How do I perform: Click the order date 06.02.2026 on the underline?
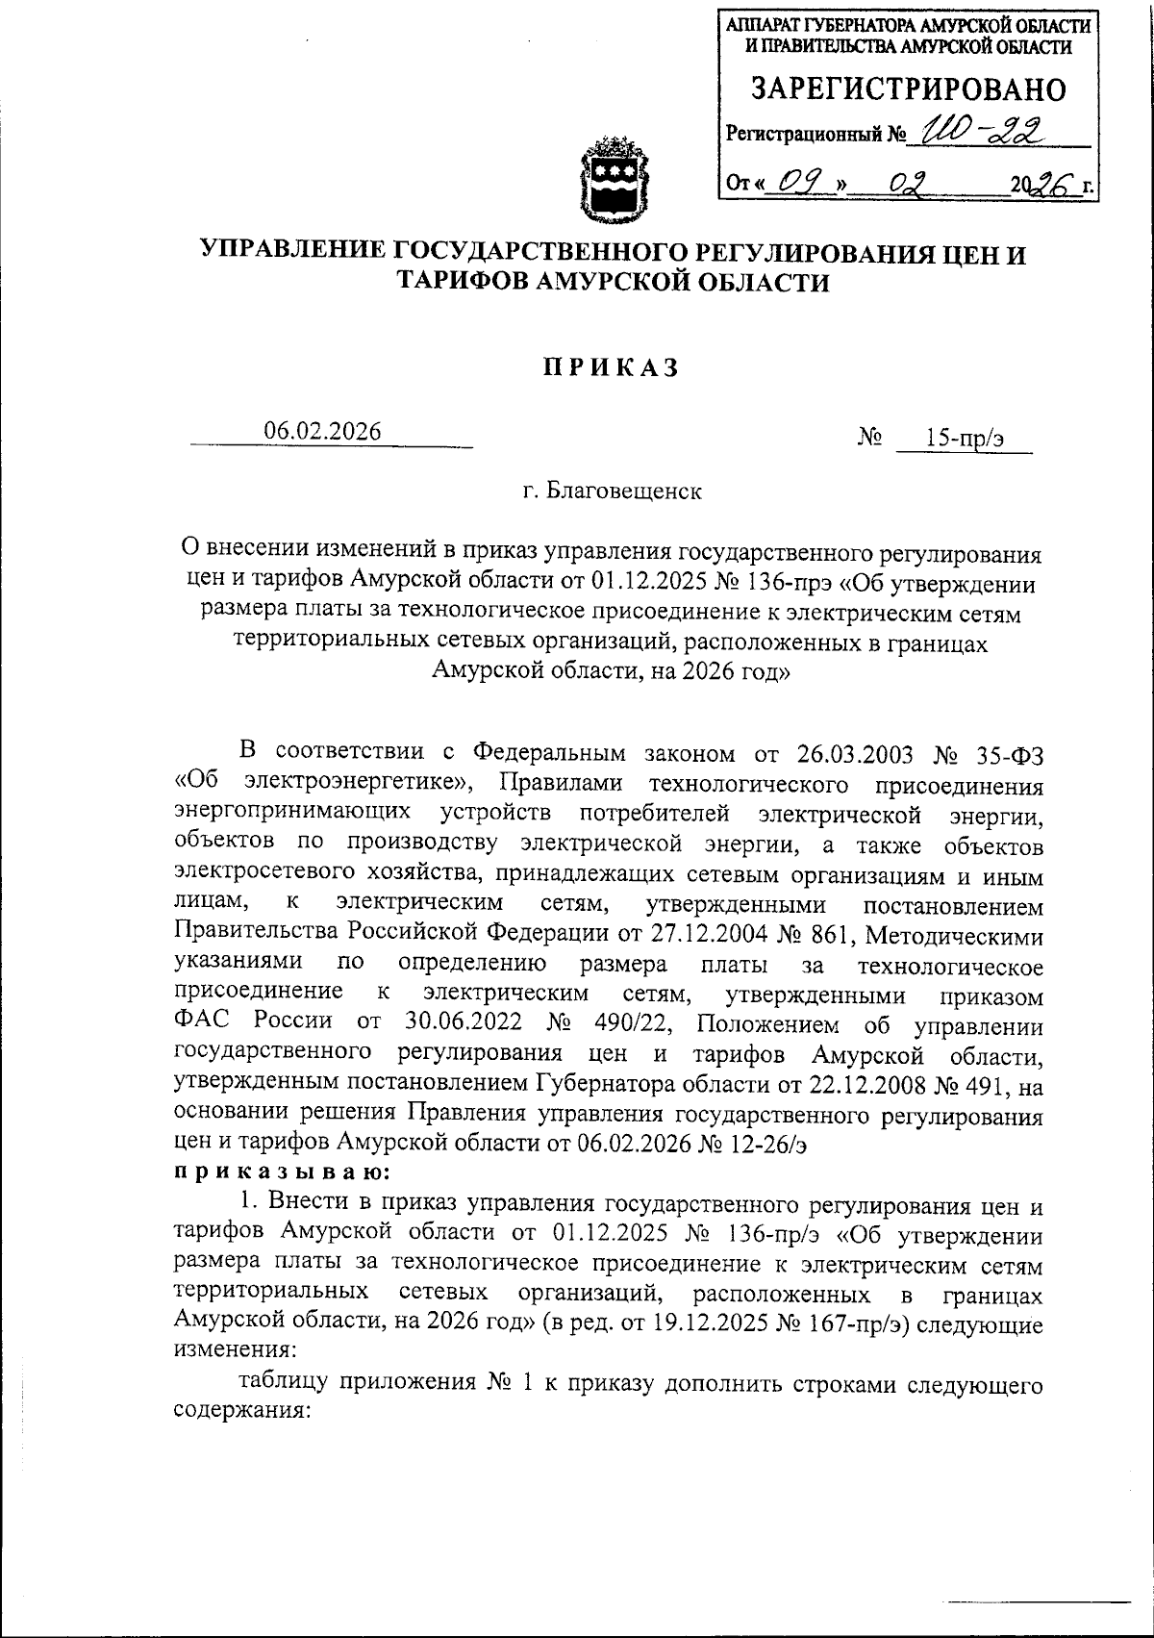click(323, 432)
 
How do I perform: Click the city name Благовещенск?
click(623, 491)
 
